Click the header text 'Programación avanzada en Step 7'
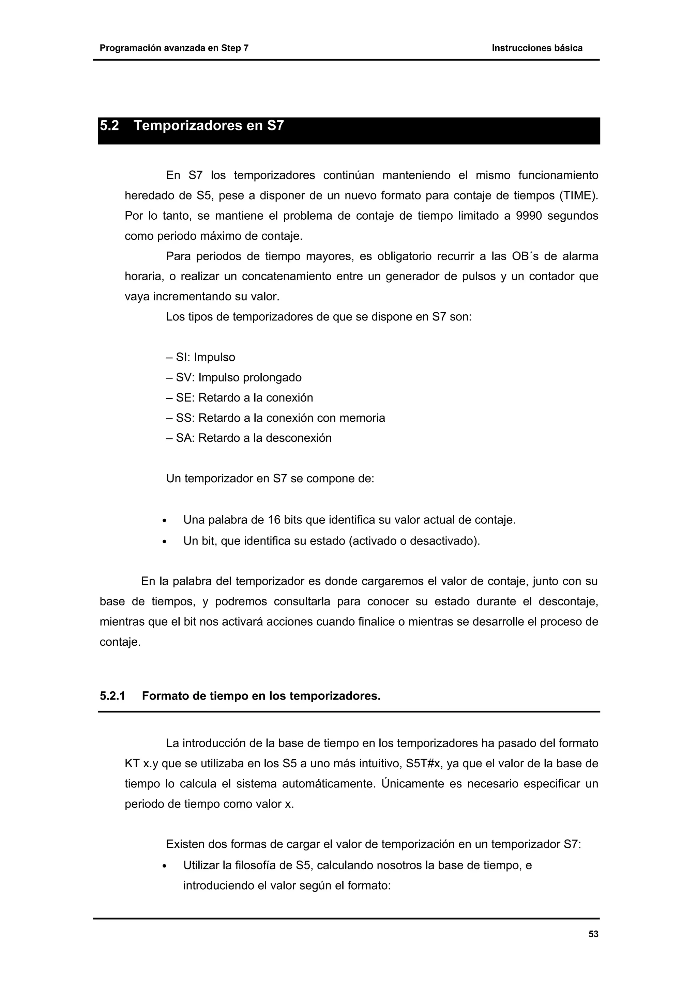click(174, 48)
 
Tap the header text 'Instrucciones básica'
click(537, 48)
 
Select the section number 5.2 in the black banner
click(109, 126)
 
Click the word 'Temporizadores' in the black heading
click(187, 126)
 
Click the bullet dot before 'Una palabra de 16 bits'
click(165, 521)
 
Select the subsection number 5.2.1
click(112, 696)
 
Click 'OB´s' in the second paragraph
click(524, 256)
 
